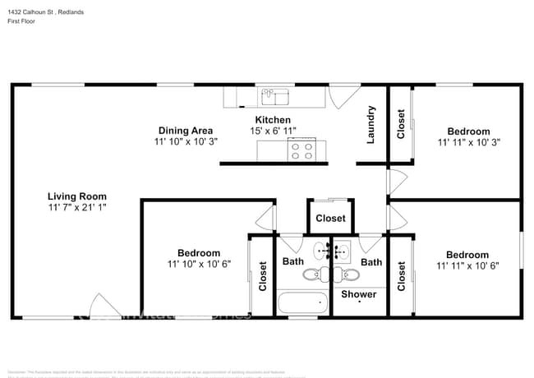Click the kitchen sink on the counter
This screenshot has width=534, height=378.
click(274, 98)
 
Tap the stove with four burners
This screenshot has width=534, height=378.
click(301, 151)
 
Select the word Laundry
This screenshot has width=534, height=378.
click(371, 125)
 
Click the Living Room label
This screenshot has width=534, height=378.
click(76, 196)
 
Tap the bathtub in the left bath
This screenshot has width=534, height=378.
click(303, 302)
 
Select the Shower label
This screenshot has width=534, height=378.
click(359, 293)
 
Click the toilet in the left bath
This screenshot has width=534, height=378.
click(315, 274)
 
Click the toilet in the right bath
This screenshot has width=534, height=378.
click(348, 274)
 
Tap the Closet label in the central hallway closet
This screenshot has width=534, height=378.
click(330, 219)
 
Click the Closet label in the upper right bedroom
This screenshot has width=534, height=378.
click(401, 124)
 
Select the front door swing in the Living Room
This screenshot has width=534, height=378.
click(100, 305)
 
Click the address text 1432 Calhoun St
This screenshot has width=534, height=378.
click(30, 12)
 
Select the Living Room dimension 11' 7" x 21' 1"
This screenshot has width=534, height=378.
click(76, 208)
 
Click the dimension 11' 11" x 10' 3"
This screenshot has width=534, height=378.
click(468, 142)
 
